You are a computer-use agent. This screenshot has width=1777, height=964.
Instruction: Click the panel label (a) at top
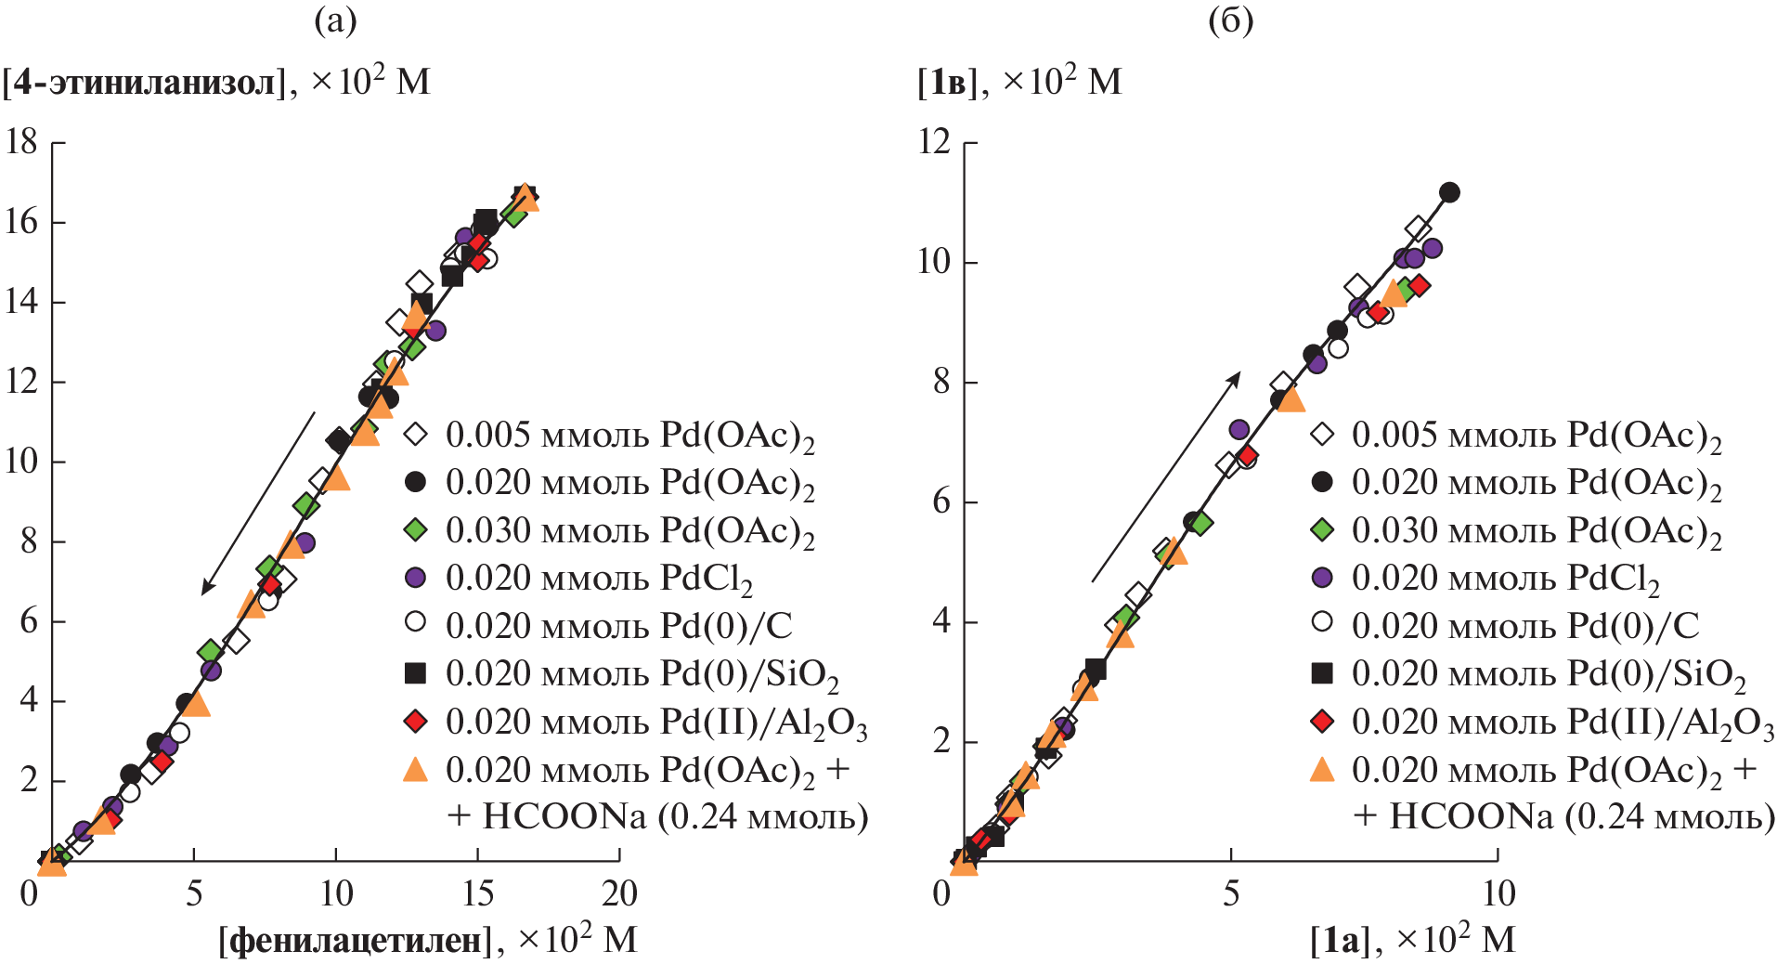pyautogui.click(x=335, y=20)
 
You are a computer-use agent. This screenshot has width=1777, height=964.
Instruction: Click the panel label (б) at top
pyautogui.click(x=1230, y=20)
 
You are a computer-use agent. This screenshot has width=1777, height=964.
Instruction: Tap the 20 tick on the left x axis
pyautogui.click(x=619, y=893)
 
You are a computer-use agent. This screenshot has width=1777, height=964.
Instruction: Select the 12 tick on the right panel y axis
pyautogui.click(x=935, y=142)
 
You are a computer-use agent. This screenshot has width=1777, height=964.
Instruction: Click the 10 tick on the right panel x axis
pyautogui.click(x=1498, y=893)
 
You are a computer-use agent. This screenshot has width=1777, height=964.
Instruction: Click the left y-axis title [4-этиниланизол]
pyautogui.click(x=144, y=83)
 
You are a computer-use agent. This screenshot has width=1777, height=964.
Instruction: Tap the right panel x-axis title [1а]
pyautogui.click(x=1340, y=941)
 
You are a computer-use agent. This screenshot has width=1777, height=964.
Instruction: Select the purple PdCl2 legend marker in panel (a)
pyautogui.click(x=416, y=578)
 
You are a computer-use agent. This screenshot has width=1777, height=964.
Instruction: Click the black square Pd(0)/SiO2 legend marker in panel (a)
pyautogui.click(x=416, y=673)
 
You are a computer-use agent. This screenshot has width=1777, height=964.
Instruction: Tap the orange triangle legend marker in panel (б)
pyautogui.click(x=1321, y=770)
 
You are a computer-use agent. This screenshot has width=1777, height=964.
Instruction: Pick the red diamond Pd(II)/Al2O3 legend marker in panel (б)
pyautogui.click(x=1321, y=722)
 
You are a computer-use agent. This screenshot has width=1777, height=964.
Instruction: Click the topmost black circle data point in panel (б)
pyautogui.click(x=1449, y=193)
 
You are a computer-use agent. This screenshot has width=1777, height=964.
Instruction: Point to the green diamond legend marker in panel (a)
pyautogui.click(x=416, y=530)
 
